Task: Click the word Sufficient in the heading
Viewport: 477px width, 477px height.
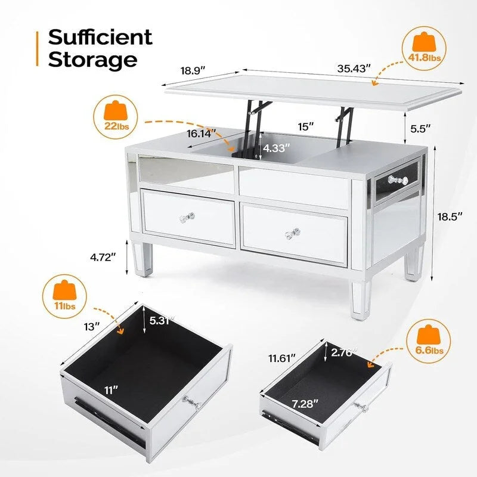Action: (x=100, y=37)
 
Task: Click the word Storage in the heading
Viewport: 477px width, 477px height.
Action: (x=92, y=60)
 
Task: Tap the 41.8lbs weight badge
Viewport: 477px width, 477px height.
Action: (x=424, y=49)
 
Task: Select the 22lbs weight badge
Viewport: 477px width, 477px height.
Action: (x=116, y=117)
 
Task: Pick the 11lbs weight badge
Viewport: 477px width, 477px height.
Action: (x=64, y=296)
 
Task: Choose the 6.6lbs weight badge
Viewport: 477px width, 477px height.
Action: (x=429, y=341)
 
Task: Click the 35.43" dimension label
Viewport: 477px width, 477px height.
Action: (x=354, y=69)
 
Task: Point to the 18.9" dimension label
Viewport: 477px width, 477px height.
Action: (x=193, y=70)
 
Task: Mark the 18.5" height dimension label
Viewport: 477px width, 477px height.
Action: (x=450, y=216)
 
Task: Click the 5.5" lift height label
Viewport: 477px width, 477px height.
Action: (x=420, y=129)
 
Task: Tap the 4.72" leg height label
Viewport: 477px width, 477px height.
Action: (x=103, y=258)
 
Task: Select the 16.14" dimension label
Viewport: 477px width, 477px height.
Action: (x=201, y=133)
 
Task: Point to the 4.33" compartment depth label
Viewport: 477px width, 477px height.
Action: (x=276, y=148)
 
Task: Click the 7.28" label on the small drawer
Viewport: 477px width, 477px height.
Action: (x=305, y=404)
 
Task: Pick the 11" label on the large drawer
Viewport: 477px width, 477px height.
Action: (x=111, y=390)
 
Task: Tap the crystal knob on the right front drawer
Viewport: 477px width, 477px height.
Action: (x=293, y=234)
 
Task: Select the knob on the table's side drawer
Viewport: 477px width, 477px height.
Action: (x=398, y=180)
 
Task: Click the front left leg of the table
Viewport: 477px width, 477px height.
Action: (x=143, y=259)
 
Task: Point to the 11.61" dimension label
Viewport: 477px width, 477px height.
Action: (x=282, y=358)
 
